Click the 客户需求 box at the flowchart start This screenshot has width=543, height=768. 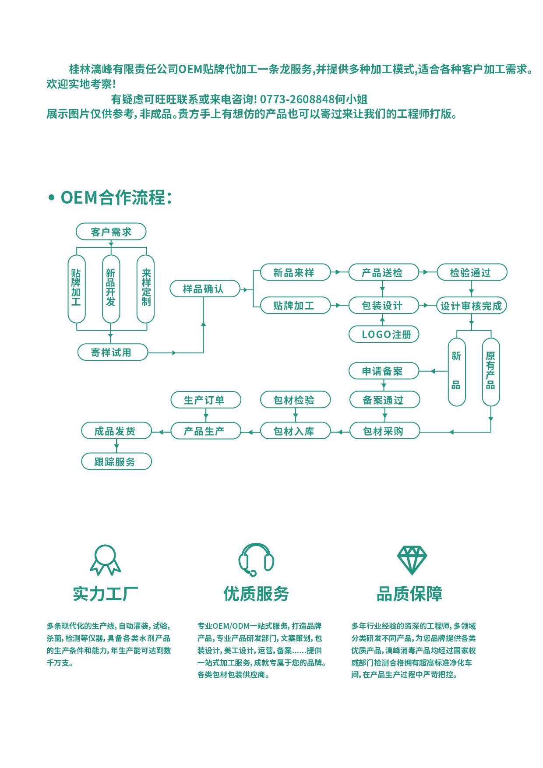pos(111,232)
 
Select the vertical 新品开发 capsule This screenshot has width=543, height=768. pos(111,289)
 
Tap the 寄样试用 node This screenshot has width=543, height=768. pos(113,352)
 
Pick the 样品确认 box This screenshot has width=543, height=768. pos(205,289)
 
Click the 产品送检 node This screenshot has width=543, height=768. pos(383,272)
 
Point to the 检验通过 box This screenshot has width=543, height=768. pos(472,272)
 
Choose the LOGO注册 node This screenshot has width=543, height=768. pos(383,335)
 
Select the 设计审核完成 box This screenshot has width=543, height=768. pos(472,306)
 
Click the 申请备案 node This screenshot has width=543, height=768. pos(383,371)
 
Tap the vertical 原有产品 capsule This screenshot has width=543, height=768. pos(490,372)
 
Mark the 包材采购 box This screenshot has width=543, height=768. pos(384,431)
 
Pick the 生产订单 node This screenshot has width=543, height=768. pos(205,400)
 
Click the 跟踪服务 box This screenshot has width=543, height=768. pos(116,462)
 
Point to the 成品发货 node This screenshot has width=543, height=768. pos(116,431)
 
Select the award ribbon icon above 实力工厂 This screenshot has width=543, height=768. pos(105,560)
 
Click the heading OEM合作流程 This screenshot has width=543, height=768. pos(116,197)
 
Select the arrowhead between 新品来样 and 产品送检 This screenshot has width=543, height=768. pos(337,272)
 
